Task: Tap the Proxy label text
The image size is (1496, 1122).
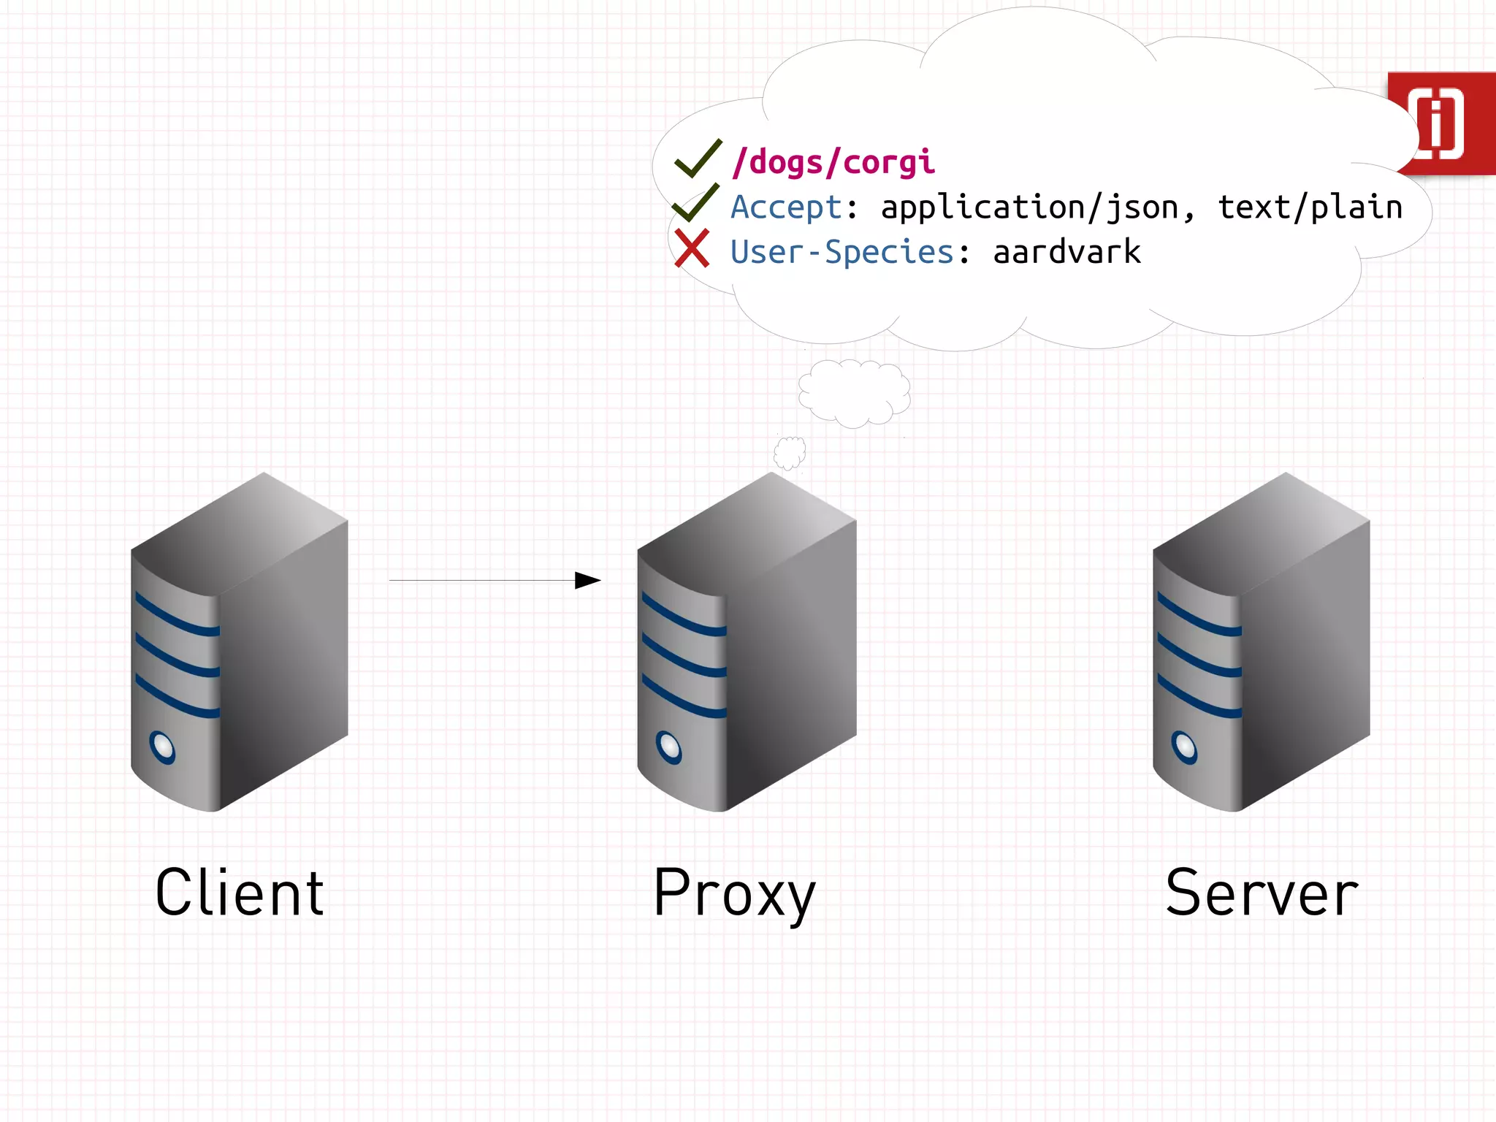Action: click(733, 893)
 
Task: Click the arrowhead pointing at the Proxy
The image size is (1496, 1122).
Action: click(587, 581)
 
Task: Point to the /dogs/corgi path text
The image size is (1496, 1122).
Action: click(833, 162)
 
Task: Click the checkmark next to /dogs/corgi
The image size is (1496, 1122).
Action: click(697, 159)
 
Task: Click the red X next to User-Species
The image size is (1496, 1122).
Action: click(691, 248)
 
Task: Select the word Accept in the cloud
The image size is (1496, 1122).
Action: click(787, 207)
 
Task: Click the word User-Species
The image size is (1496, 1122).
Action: click(842, 252)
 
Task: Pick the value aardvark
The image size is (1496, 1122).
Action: click(1066, 252)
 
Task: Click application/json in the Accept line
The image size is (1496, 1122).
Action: click(1029, 207)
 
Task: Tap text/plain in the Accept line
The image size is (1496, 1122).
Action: click(1310, 207)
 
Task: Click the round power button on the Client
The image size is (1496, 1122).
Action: click(162, 747)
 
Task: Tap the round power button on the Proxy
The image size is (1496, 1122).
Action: click(668, 747)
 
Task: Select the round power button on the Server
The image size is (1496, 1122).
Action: click(1183, 747)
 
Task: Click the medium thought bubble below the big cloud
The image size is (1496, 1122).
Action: click(853, 393)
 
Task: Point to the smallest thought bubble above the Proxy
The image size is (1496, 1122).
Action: click(790, 453)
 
